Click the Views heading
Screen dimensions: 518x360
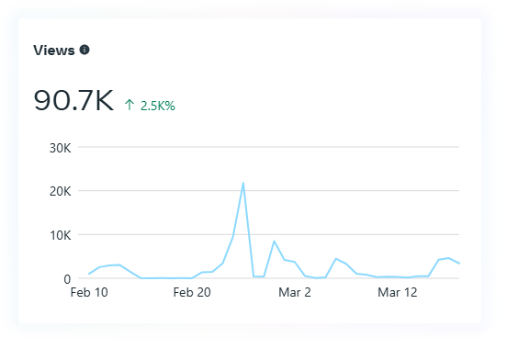[x=54, y=51]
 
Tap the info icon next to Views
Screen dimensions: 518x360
[x=84, y=50]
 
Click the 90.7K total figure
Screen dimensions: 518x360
[x=73, y=100]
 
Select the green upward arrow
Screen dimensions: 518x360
[x=129, y=105]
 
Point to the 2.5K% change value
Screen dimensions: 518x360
[x=158, y=106]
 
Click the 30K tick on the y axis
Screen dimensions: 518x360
[x=60, y=148]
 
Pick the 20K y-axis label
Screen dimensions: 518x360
[x=60, y=191]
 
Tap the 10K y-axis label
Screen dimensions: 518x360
[x=60, y=235]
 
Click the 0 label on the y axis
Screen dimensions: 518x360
[x=67, y=279]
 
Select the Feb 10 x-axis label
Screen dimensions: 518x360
[x=89, y=292]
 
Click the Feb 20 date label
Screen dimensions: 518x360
[x=192, y=292]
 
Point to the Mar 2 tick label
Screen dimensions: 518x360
[x=295, y=292]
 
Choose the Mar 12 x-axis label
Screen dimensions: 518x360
[x=398, y=292]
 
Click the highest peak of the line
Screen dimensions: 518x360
[x=243, y=183]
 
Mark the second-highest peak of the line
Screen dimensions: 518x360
[x=274, y=242]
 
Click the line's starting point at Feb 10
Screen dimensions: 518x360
[x=89, y=274]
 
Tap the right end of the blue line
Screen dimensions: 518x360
[x=459, y=264]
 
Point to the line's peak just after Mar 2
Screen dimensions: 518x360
[x=335, y=259]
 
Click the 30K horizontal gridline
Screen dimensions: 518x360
[x=268, y=147]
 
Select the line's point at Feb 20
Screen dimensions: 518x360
[x=192, y=278]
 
